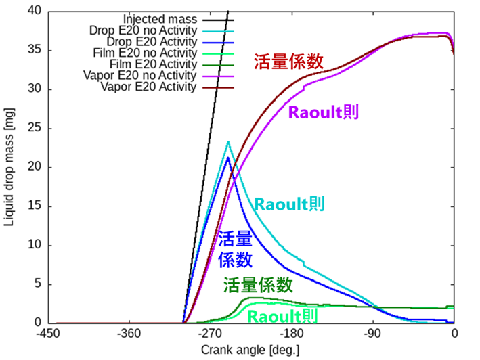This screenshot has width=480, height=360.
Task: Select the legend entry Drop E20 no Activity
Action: click(152, 30)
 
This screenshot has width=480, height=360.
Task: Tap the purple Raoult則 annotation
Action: click(324, 112)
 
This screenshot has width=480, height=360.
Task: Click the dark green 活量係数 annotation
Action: click(258, 284)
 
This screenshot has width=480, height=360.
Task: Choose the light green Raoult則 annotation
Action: click(280, 315)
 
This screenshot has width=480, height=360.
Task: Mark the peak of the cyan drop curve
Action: click(228, 142)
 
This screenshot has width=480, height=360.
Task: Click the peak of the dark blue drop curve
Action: click(228, 158)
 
